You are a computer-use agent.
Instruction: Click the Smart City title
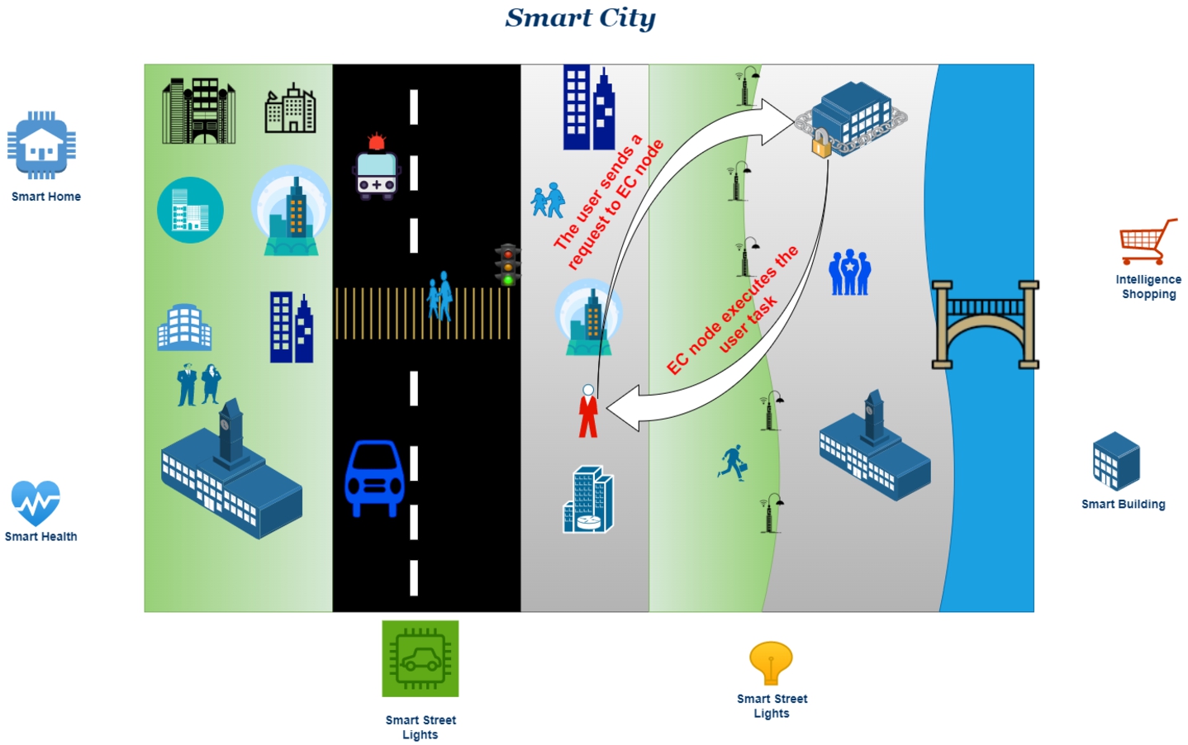580,18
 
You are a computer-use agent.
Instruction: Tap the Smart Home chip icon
41,145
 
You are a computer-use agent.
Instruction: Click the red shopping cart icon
1148,242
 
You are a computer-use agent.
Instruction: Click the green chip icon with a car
420,658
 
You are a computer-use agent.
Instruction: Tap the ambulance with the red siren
377,167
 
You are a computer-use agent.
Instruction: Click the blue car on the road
374,478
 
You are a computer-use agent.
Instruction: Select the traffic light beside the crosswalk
508,264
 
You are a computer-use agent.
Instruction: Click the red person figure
588,411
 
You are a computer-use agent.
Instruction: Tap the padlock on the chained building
821,143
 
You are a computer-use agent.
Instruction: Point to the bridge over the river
986,325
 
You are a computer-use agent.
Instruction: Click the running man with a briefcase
733,463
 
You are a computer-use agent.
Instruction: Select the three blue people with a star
849,272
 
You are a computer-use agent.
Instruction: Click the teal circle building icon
190,210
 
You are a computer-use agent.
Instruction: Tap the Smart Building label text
1124,505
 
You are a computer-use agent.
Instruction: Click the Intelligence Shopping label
1148,287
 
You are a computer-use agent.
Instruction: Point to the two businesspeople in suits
199,384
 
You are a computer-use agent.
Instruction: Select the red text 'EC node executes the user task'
733,311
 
